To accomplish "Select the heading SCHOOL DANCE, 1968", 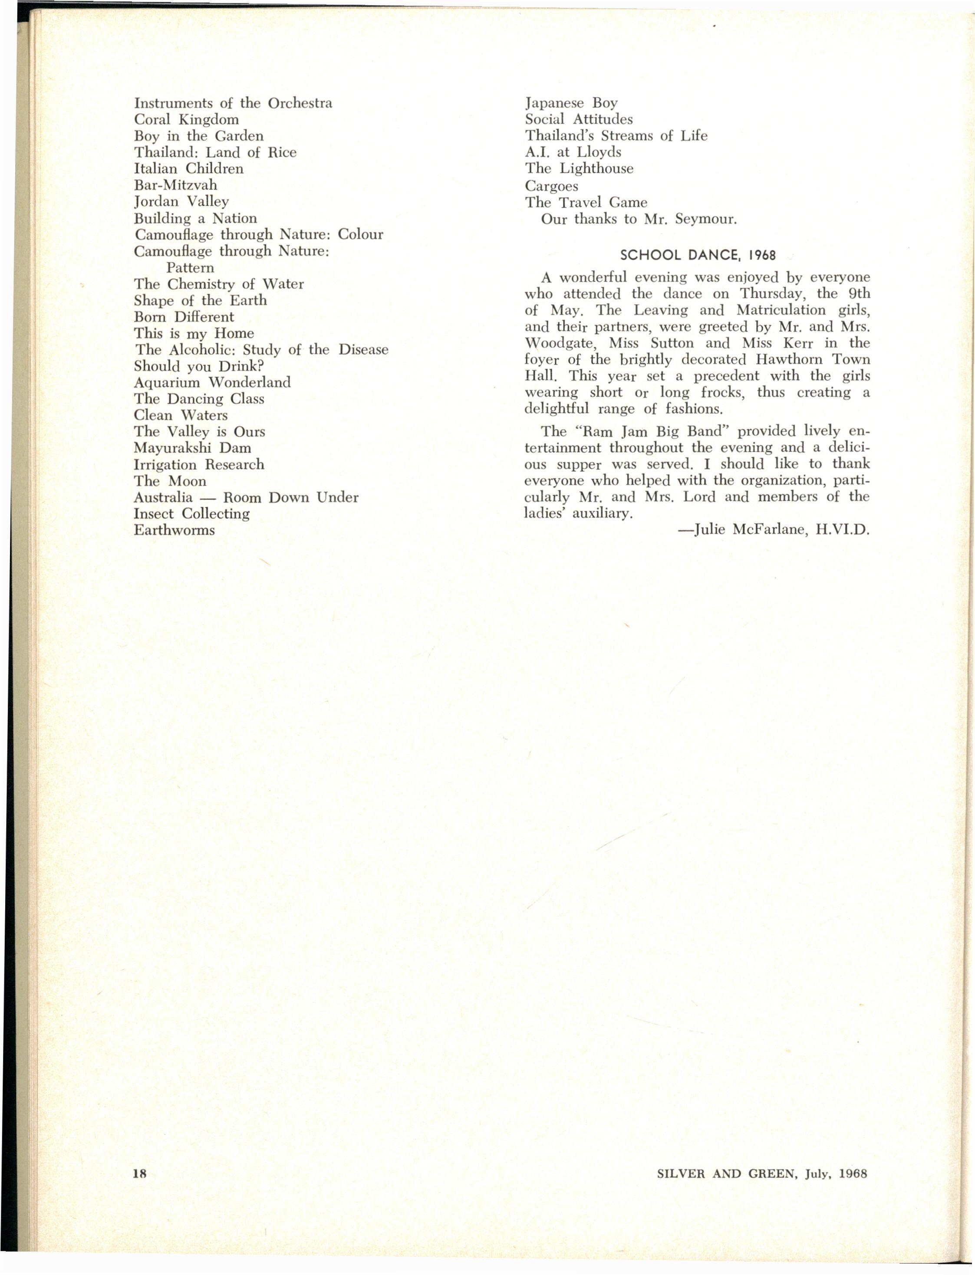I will pyautogui.click(x=698, y=255).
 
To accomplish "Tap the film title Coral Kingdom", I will pyautogui.click(x=186, y=119).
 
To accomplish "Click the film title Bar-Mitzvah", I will pyautogui.click(x=175, y=185).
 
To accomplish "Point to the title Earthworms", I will pyautogui.click(x=174, y=529).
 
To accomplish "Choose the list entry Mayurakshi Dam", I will pyautogui.click(x=192, y=448).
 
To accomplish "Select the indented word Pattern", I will pyautogui.click(x=190, y=267).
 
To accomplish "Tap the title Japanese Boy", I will pyautogui.click(x=571, y=103).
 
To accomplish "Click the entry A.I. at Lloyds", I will pyautogui.click(x=573, y=152).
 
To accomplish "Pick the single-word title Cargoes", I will pyautogui.click(x=551, y=186).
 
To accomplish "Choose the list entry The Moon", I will pyautogui.click(x=170, y=481).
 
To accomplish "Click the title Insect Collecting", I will pyautogui.click(x=191, y=513).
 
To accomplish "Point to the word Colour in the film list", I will pyautogui.click(x=360, y=234).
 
